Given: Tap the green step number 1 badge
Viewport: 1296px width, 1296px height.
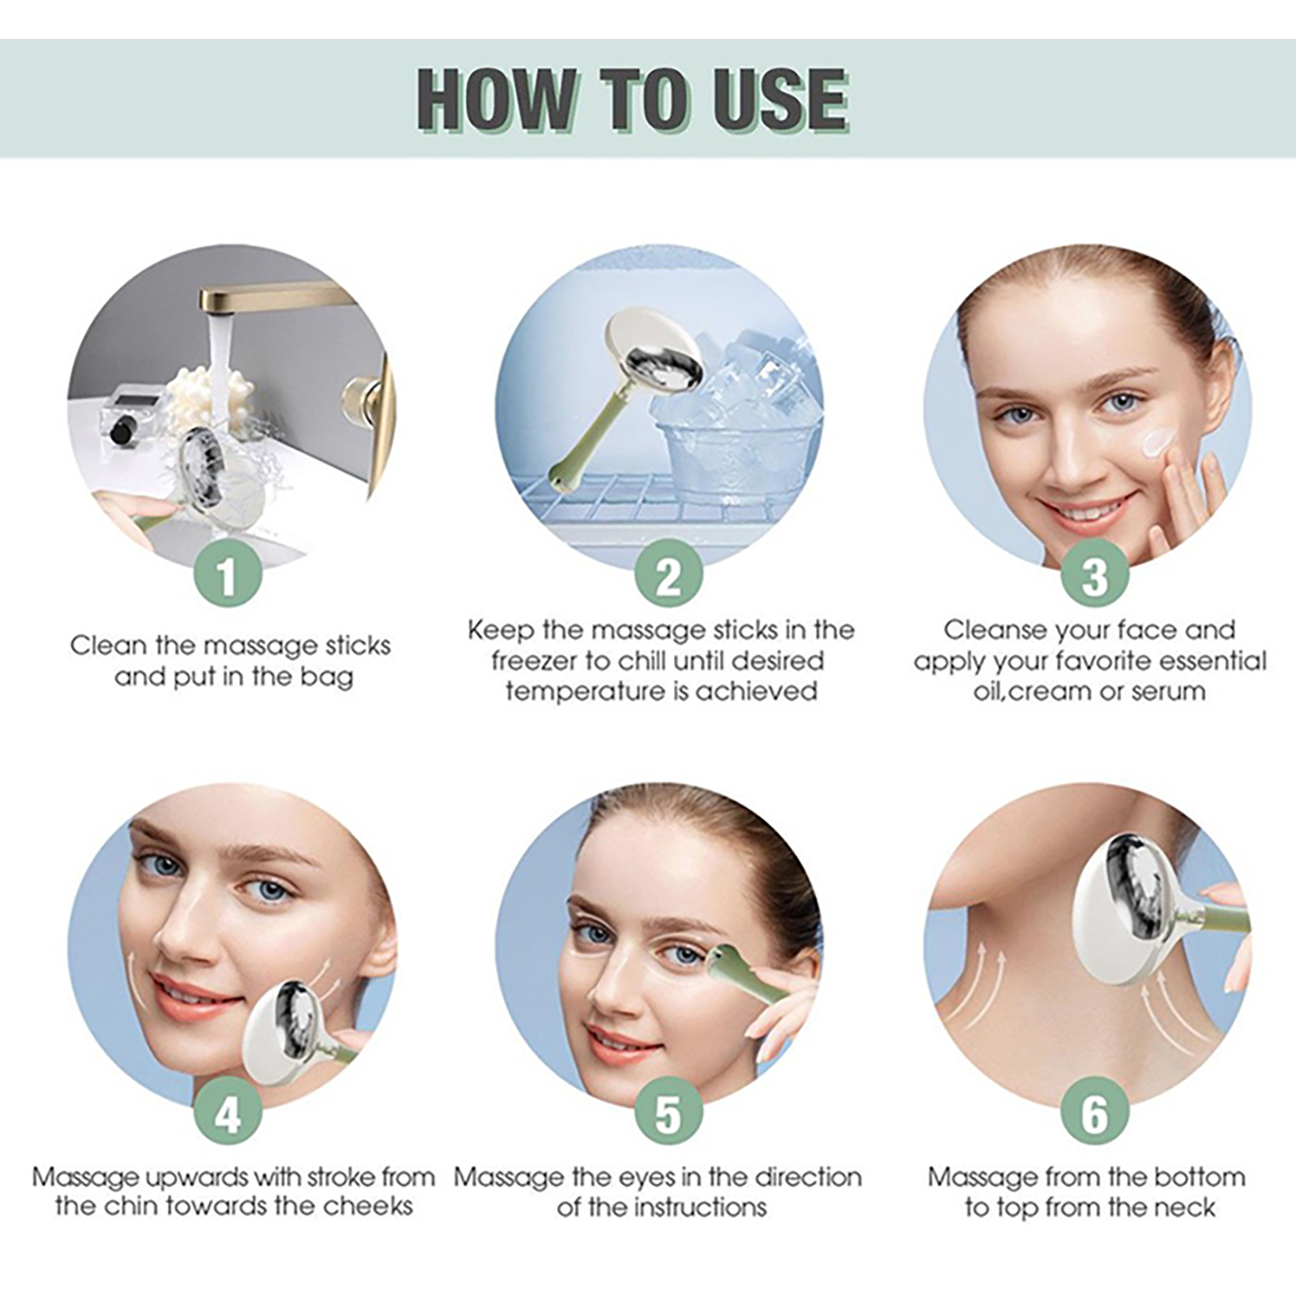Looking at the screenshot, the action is pyautogui.click(x=228, y=574).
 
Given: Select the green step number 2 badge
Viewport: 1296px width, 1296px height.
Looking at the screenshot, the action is pyautogui.click(x=668, y=574).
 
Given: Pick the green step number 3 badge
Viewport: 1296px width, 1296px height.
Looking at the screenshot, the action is pyautogui.click(x=1094, y=574).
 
